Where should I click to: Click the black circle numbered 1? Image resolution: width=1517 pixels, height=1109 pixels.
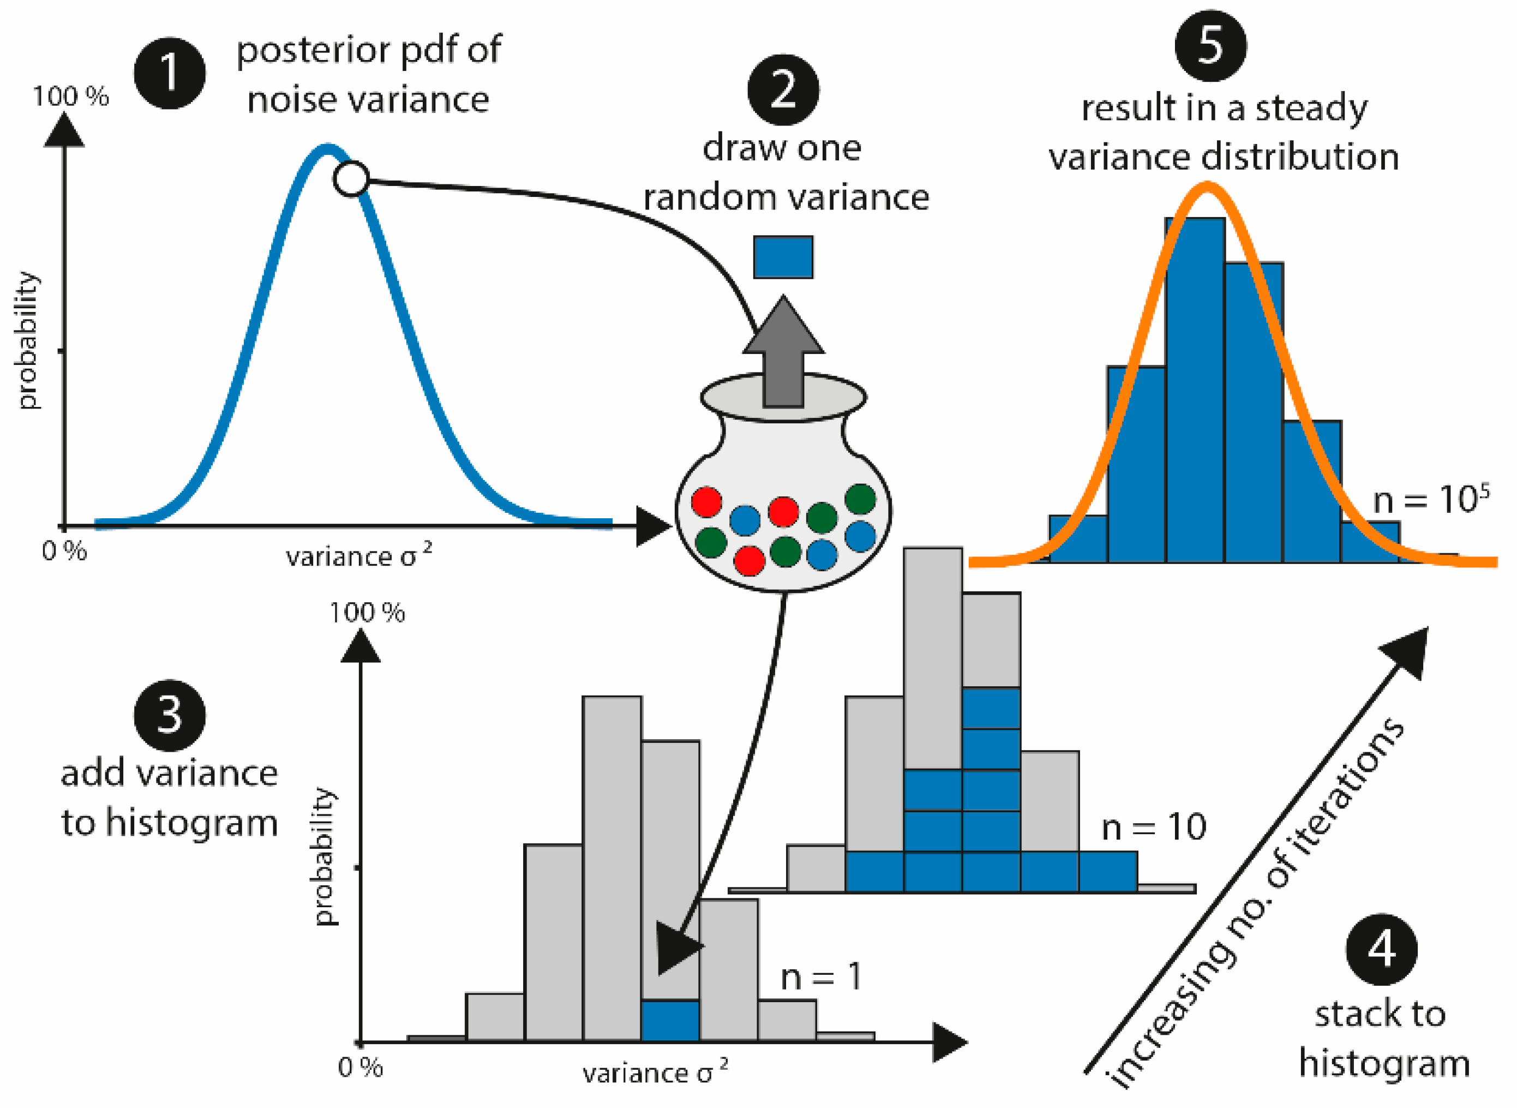[169, 73]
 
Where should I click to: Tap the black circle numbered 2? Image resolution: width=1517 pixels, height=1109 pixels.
[783, 90]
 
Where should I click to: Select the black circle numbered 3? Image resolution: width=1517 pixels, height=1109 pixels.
[169, 716]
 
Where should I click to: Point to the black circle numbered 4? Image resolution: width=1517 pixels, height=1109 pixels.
[1381, 949]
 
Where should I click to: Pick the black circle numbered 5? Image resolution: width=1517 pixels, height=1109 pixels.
[1210, 46]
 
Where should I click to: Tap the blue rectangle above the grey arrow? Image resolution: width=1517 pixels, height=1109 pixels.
[783, 257]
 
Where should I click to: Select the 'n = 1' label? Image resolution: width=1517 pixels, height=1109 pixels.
[820, 978]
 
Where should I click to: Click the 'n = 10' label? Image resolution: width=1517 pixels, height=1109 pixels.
[1154, 827]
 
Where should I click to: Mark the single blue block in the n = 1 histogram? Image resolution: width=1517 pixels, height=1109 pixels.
[670, 1021]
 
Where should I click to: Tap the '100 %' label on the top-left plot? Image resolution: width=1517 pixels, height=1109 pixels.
[71, 97]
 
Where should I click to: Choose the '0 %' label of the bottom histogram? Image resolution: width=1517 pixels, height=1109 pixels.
[361, 1068]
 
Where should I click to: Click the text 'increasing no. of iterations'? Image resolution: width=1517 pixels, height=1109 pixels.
[1255, 903]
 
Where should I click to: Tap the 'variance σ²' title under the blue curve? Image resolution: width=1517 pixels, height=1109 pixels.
[359, 556]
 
